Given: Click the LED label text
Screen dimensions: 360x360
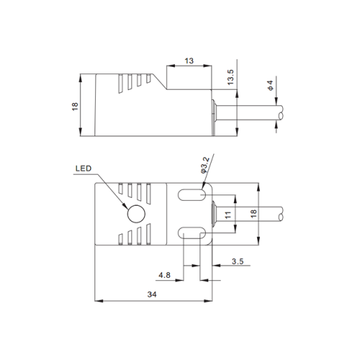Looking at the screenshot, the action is click(84, 168).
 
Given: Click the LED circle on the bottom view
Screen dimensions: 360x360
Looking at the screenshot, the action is click(136, 214).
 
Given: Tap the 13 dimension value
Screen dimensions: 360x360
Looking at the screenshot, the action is click(189, 61).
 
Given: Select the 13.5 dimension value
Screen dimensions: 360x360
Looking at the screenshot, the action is click(230, 77).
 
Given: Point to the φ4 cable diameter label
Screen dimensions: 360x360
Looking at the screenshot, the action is click(271, 86).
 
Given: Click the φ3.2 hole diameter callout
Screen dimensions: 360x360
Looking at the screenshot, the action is click(204, 165).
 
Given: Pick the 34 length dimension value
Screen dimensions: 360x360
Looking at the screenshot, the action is click(152, 294).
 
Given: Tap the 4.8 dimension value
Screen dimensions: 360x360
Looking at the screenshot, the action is click(164, 275).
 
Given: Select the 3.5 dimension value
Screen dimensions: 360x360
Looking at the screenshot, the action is click(238, 261).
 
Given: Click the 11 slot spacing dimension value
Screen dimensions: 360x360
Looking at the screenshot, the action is click(228, 215).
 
